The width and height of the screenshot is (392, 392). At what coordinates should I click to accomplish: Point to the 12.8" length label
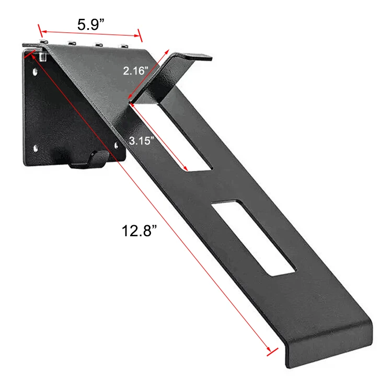click(140, 231)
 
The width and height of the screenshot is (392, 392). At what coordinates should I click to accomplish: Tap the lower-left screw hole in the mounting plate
click(36, 148)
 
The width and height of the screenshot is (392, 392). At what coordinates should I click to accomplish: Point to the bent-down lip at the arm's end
click(329, 348)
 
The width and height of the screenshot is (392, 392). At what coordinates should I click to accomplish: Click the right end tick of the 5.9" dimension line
click(139, 36)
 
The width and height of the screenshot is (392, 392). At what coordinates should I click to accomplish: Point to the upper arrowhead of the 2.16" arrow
click(168, 51)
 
